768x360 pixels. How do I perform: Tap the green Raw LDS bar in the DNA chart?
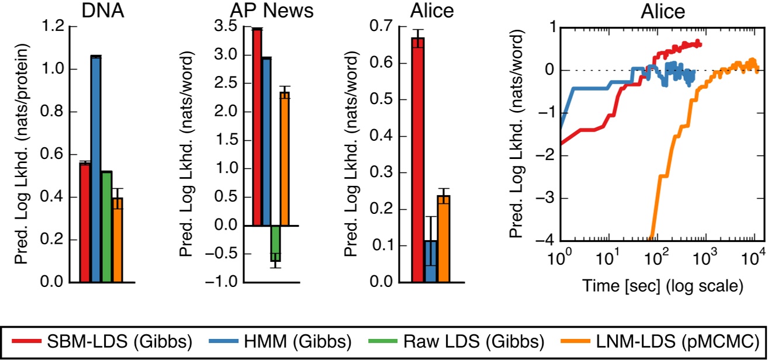click(x=106, y=227)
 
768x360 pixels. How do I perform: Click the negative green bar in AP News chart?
click(x=275, y=243)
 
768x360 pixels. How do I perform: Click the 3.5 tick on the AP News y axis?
click(x=227, y=27)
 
